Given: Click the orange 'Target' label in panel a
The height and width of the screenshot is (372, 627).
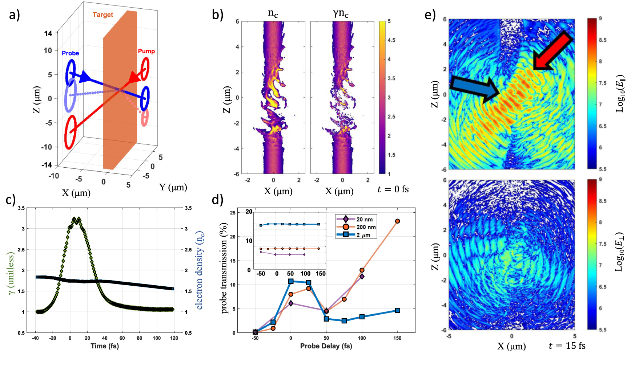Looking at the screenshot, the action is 103,15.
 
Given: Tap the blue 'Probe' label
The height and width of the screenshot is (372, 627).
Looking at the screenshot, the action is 71,53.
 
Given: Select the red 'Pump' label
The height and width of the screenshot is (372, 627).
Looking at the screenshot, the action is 146,51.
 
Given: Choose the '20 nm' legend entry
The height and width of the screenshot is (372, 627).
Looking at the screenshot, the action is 356,219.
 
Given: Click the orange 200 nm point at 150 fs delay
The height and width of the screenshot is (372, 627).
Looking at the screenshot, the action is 397,221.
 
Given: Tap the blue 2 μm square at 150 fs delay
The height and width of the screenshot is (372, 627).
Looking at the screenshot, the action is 398,310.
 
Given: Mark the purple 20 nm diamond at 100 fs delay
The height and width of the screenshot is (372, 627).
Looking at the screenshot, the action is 362,277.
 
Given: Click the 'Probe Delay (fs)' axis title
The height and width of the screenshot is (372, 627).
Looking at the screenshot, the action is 326,346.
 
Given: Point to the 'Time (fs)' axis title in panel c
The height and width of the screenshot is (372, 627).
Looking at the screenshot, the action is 105,346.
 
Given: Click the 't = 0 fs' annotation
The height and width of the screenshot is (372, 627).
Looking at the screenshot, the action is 393,189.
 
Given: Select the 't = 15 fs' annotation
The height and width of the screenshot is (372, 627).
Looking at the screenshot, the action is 567,346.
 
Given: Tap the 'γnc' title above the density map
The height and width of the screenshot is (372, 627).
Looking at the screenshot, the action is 341,14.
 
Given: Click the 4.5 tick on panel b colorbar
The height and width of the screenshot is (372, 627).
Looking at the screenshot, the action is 391,40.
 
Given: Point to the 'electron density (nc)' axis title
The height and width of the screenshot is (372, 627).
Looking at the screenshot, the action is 200,271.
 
